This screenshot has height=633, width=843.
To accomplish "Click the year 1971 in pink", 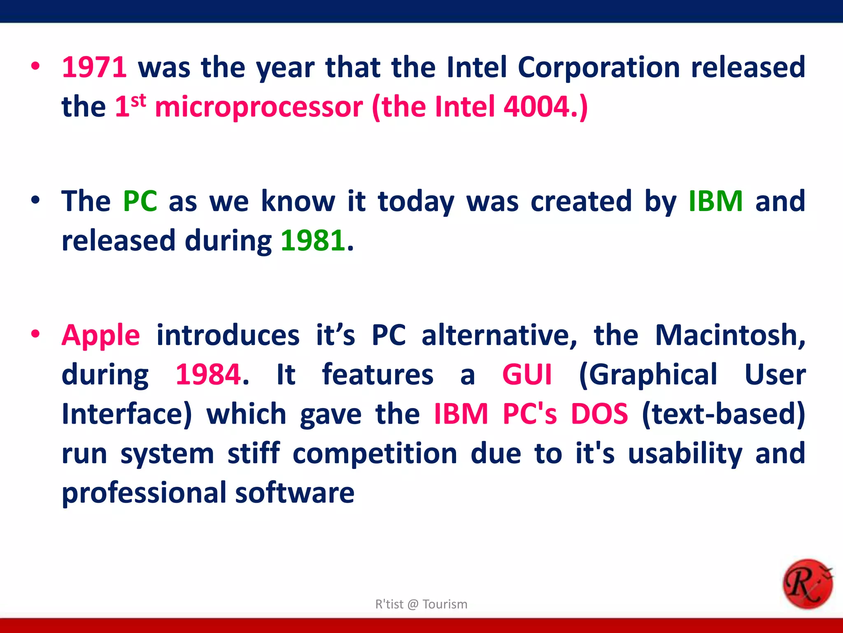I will (94, 67).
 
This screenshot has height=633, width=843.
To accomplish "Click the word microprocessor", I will (259, 107).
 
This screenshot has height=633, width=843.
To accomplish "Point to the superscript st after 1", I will (138, 100).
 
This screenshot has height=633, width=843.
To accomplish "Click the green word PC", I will (140, 201).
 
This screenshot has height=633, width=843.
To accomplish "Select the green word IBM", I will (715, 201).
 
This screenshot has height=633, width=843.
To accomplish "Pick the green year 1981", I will (313, 241).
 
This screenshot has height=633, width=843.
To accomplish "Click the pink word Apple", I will (101, 335).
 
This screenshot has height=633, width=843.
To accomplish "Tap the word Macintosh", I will (729, 335).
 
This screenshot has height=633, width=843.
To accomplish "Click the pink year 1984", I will (208, 374).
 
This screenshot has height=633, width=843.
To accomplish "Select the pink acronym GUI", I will (526, 374).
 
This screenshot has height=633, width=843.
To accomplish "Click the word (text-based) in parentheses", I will (723, 414).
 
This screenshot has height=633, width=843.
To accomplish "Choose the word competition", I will (375, 453).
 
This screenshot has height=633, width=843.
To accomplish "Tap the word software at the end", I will (294, 493).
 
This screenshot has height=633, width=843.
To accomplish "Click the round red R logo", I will (807, 584).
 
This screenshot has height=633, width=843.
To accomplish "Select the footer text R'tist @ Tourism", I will (421, 604).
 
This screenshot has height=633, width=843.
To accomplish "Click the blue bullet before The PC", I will (35, 200).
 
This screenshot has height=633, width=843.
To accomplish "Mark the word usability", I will (685, 453).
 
